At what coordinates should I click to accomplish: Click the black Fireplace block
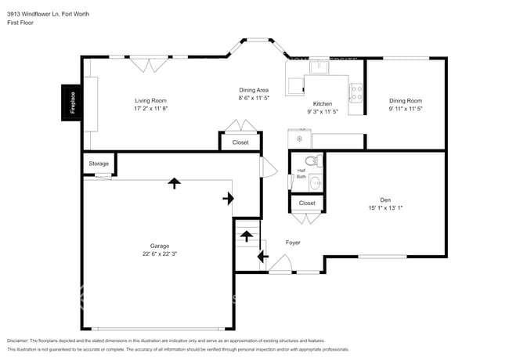coord(73,105)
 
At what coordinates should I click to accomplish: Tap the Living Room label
coord(150,101)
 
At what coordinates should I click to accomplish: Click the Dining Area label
coord(254,89)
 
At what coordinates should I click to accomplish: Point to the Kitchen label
coord(323,104)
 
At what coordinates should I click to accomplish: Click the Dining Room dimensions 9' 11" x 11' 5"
coord(406,110)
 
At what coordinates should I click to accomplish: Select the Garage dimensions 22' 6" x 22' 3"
coord(160,254)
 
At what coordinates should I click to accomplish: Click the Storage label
coord(99,164)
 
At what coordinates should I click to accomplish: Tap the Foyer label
coord(292,243)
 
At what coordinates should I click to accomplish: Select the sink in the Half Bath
coord(314,184)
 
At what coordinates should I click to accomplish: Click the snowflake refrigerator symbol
coord(298,139)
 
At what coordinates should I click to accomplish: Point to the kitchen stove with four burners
coord(356,93)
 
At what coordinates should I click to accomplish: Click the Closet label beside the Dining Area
coord(240,142)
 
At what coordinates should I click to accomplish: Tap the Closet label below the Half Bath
coord(307,203)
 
